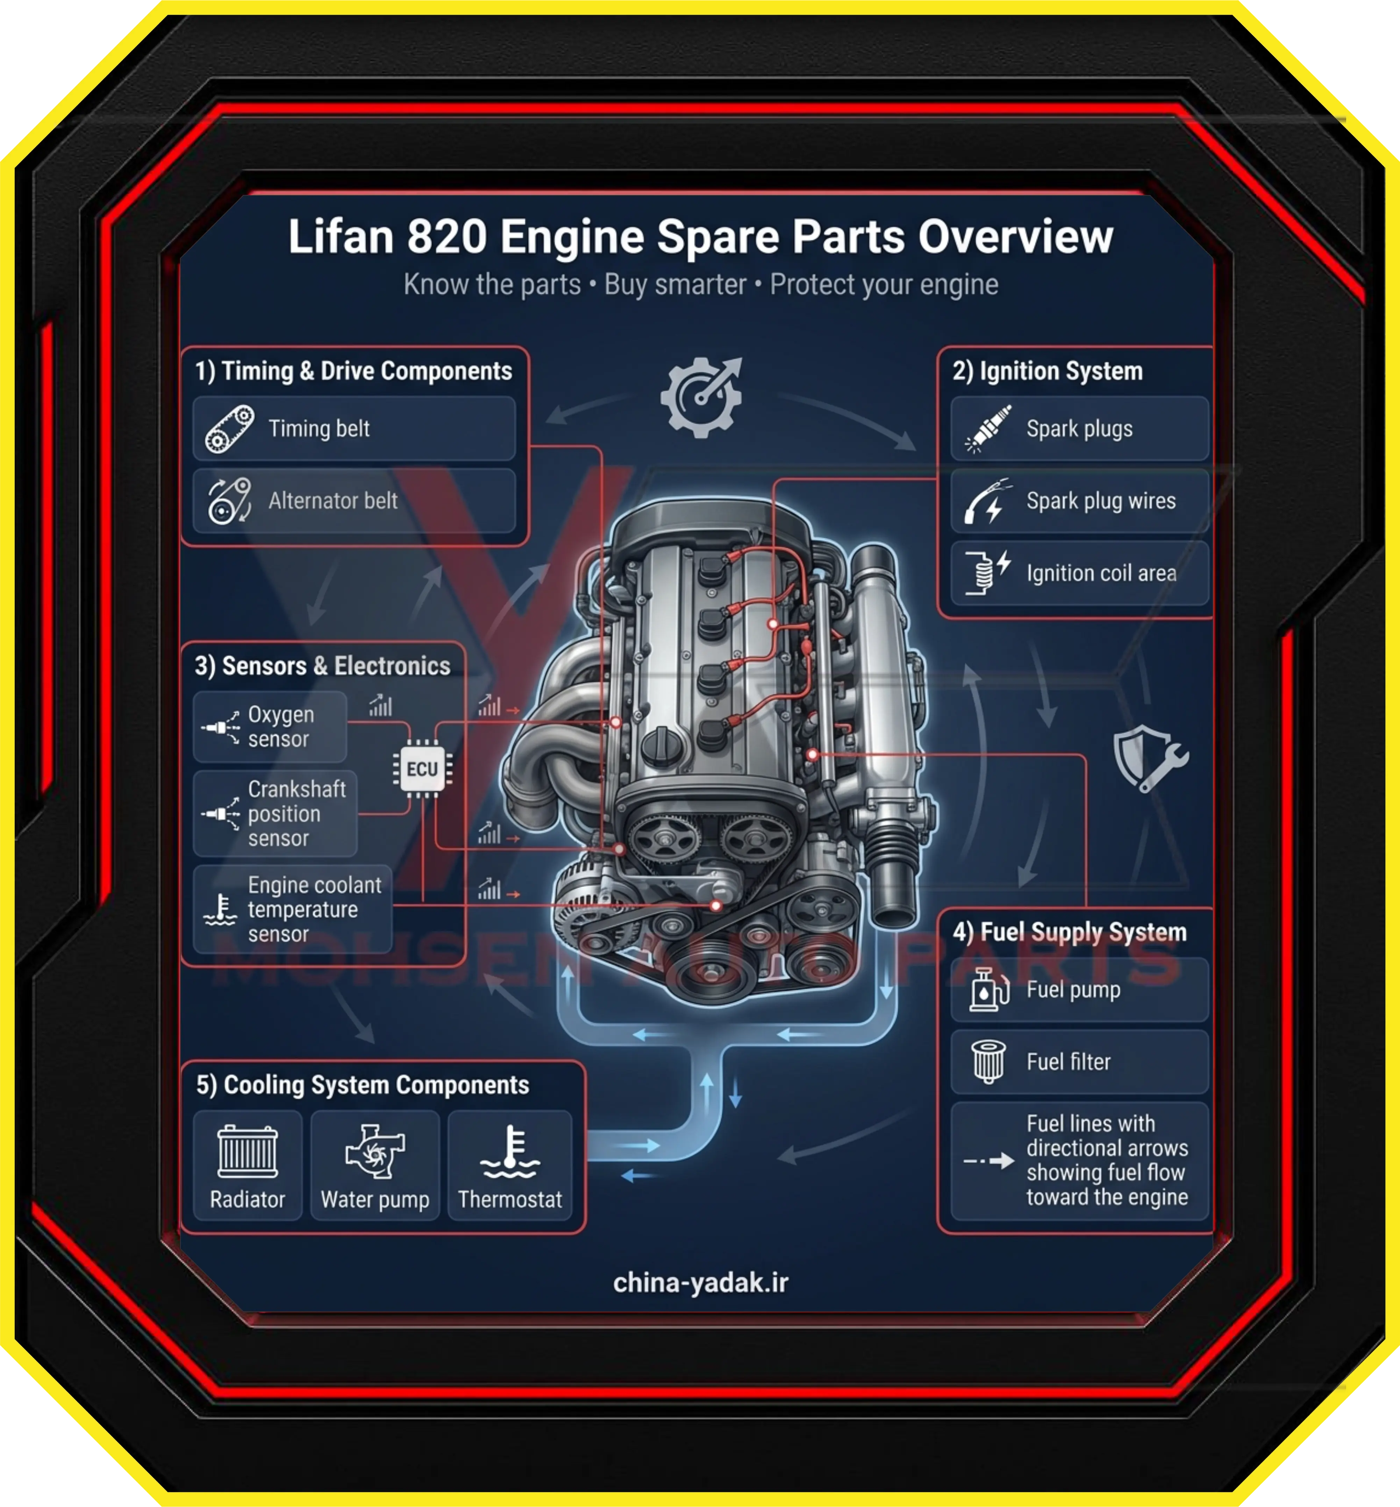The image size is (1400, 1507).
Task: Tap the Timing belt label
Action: coord(319,429)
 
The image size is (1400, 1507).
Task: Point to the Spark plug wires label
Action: coord(1101,501)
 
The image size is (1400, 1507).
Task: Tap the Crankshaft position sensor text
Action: coord(296,814)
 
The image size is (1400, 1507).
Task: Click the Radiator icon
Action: coord(248,1151)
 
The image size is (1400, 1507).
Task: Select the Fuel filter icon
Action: coord(989,1062)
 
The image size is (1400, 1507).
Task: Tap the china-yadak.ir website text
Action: coord(701,1283)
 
